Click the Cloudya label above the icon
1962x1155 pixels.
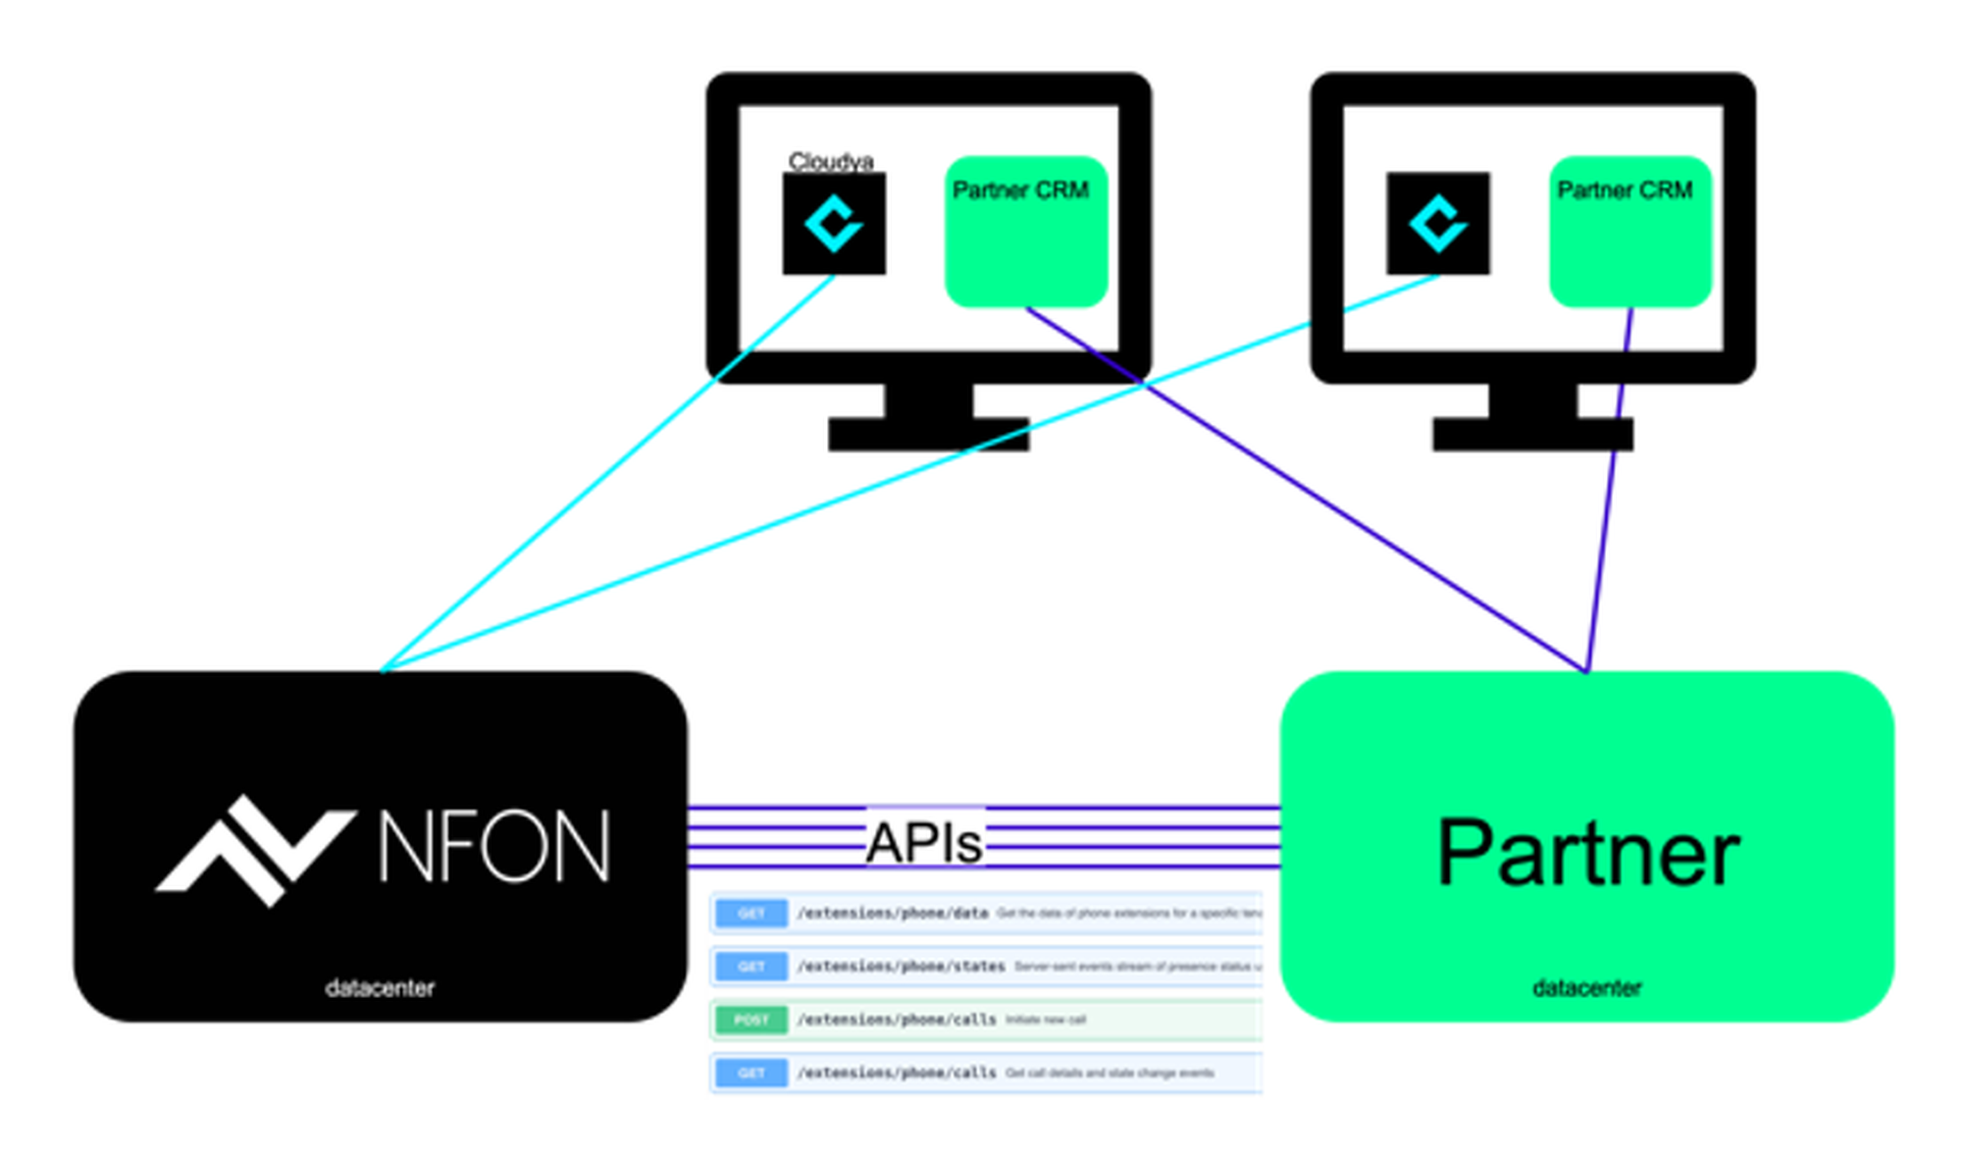click(x=830, y=161)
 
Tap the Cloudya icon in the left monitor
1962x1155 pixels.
click(x=834, y=224)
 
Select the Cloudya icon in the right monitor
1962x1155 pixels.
click(x=1438, y=224)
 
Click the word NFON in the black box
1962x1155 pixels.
click(x=493, y=847)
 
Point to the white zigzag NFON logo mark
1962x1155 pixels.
click(x=255, y=850)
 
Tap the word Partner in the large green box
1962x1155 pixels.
click(x=1587, y=854)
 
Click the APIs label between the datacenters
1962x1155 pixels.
click(x=924, y=843)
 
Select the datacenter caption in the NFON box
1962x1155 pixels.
click(x=380, y=988)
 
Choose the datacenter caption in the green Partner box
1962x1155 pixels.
click(x=1586, y=988)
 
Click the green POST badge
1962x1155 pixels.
click(x=751, y=1020)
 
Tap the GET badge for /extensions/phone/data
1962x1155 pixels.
click(x=751, y=914)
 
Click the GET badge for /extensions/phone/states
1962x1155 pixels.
click(x=751, y=967)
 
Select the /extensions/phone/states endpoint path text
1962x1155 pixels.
click(x=901, y=967)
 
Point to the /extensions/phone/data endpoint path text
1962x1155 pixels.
click(x=892, y=914)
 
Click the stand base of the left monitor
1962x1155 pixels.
click(x=928, y=435)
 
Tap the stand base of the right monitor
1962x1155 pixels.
click(x=1532, y=435)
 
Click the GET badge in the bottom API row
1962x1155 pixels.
click(x=751, y=1073)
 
